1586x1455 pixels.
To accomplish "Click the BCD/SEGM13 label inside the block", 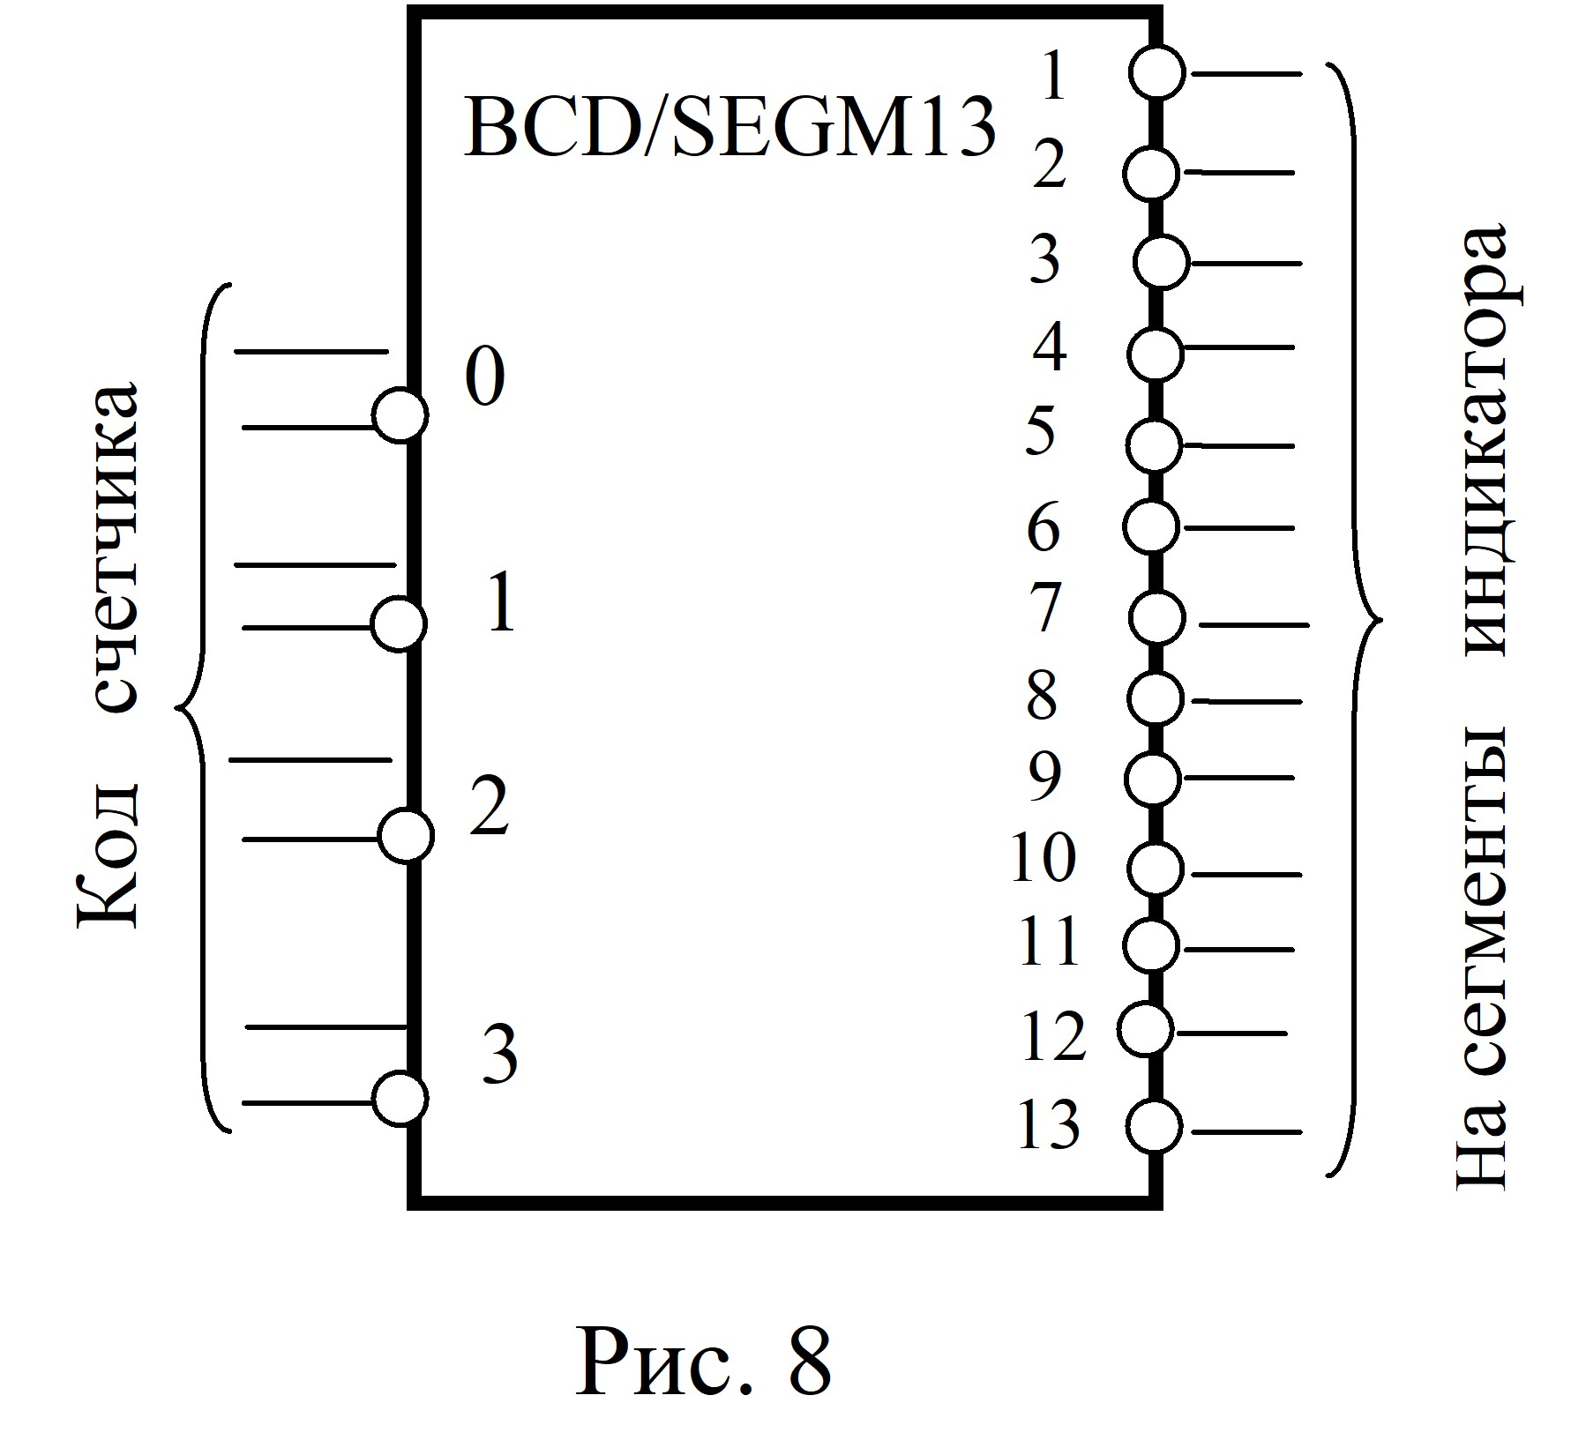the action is [x=729, y=131].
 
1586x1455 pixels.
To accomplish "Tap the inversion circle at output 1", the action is [x=1158, y=72].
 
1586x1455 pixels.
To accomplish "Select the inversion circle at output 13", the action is [x=1154, y=1125].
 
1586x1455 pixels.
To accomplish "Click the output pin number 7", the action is [x=1045, y=608].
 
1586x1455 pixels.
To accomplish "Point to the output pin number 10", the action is [x=1044, y=857].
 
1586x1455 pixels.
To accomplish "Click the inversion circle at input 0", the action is [x=400, y=414].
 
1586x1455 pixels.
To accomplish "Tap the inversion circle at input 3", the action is [x=400, y=1099].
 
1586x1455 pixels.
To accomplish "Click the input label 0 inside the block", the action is [x=485, y=376].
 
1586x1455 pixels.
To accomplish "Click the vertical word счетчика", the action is [x=115, y=547].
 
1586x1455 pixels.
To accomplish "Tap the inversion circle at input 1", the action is [x=400, y=624].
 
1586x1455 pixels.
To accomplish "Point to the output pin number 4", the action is [x=1050, y=347].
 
